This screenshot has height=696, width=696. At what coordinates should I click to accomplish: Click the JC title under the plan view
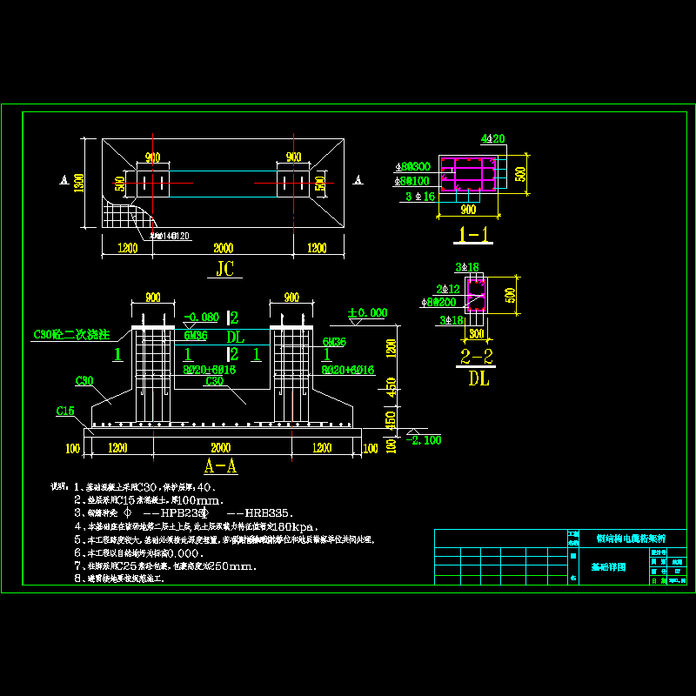[x=224, y=269]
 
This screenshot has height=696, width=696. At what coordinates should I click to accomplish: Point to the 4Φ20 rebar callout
[x=492, y=139]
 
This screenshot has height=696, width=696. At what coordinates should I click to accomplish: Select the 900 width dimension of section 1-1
[x=467, y=209]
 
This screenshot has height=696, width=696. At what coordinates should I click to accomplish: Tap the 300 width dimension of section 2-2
[x=476, y=332]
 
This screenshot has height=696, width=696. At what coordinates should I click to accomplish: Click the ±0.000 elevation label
[x=367, y=312]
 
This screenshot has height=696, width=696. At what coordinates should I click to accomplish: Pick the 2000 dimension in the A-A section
[x=221, y=447]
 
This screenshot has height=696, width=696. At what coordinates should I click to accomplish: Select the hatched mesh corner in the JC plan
[x=117, y=215]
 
